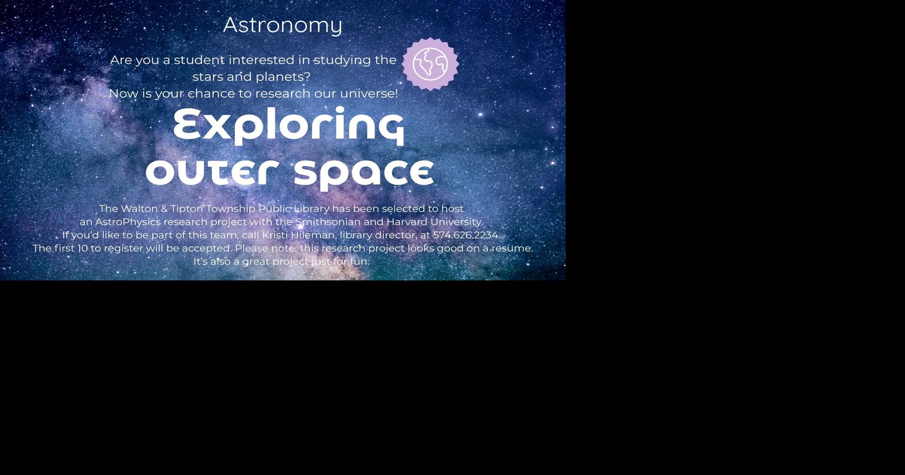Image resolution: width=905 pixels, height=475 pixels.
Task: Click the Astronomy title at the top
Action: point(282,25)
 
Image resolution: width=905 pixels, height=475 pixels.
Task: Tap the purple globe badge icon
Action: point(430,64)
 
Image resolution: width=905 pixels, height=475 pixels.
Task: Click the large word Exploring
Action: point(288,125)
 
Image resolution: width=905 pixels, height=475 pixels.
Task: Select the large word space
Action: point(363,172)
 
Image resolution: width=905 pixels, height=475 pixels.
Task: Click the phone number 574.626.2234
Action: point(466,235)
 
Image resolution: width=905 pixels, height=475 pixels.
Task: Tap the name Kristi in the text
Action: point(275,235)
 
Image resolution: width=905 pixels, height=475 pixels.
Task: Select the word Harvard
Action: point(407,222)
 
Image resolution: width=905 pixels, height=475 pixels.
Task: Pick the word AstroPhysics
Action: point(128,222)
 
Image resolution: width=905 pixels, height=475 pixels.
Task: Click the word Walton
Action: point(139,209)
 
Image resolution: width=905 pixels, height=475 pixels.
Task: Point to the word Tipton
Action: point(187,209)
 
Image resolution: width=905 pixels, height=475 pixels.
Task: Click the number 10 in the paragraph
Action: point(82,248)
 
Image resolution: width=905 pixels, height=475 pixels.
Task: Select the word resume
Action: point(512,248)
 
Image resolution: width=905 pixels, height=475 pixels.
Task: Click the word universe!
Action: point(369,93)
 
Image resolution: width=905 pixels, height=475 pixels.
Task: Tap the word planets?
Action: point(283,77)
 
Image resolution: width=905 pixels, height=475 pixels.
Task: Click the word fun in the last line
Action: point(359,262)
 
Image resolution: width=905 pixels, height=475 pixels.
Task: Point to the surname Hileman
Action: point(313,235)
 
